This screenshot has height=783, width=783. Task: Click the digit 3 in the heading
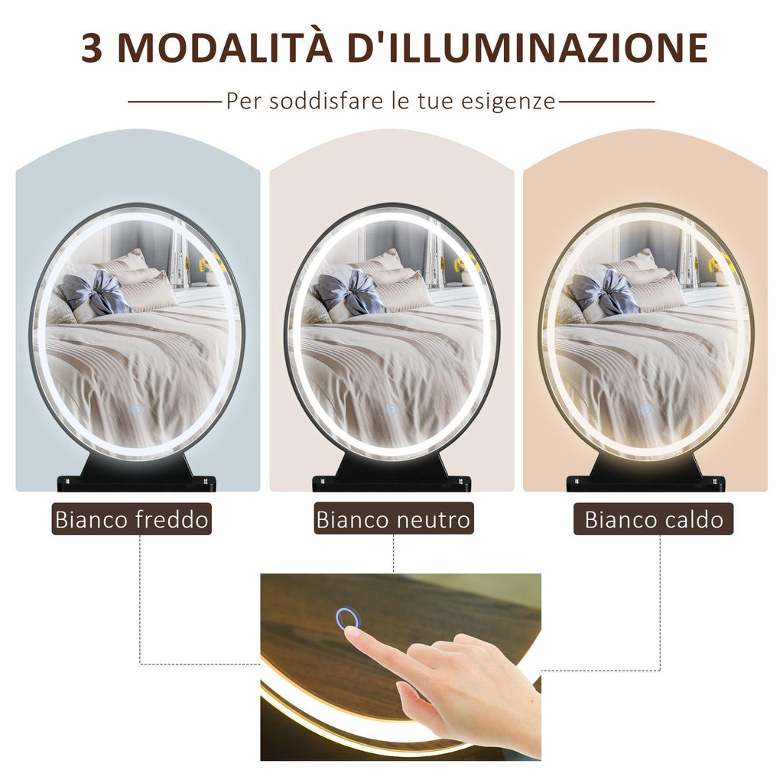point(92,48)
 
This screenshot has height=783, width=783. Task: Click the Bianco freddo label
point(132,519)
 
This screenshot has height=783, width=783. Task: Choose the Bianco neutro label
point(394,519)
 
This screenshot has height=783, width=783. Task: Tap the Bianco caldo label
point(654,519)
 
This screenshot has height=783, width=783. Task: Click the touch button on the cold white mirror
point(137,410)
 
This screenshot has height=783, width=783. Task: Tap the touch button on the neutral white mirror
point(391,410)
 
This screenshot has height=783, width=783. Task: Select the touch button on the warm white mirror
point(645,410)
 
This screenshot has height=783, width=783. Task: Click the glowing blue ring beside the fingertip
point(348,618)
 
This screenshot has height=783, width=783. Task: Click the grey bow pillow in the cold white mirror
point(95,294)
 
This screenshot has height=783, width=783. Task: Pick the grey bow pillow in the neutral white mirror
point(349,294)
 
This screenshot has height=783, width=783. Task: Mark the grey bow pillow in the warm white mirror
point(604,294)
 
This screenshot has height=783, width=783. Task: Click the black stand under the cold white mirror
point(136,473)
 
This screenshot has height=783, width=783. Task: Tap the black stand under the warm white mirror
point(645,473)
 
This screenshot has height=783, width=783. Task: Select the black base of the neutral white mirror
point(391,473)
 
